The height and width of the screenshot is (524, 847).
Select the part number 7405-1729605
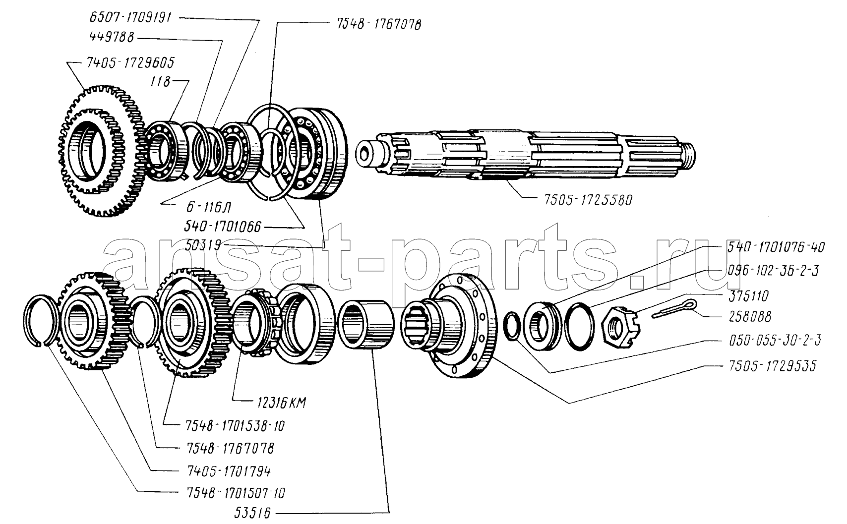click(127, 63)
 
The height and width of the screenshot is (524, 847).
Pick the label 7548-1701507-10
click(231, 493)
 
